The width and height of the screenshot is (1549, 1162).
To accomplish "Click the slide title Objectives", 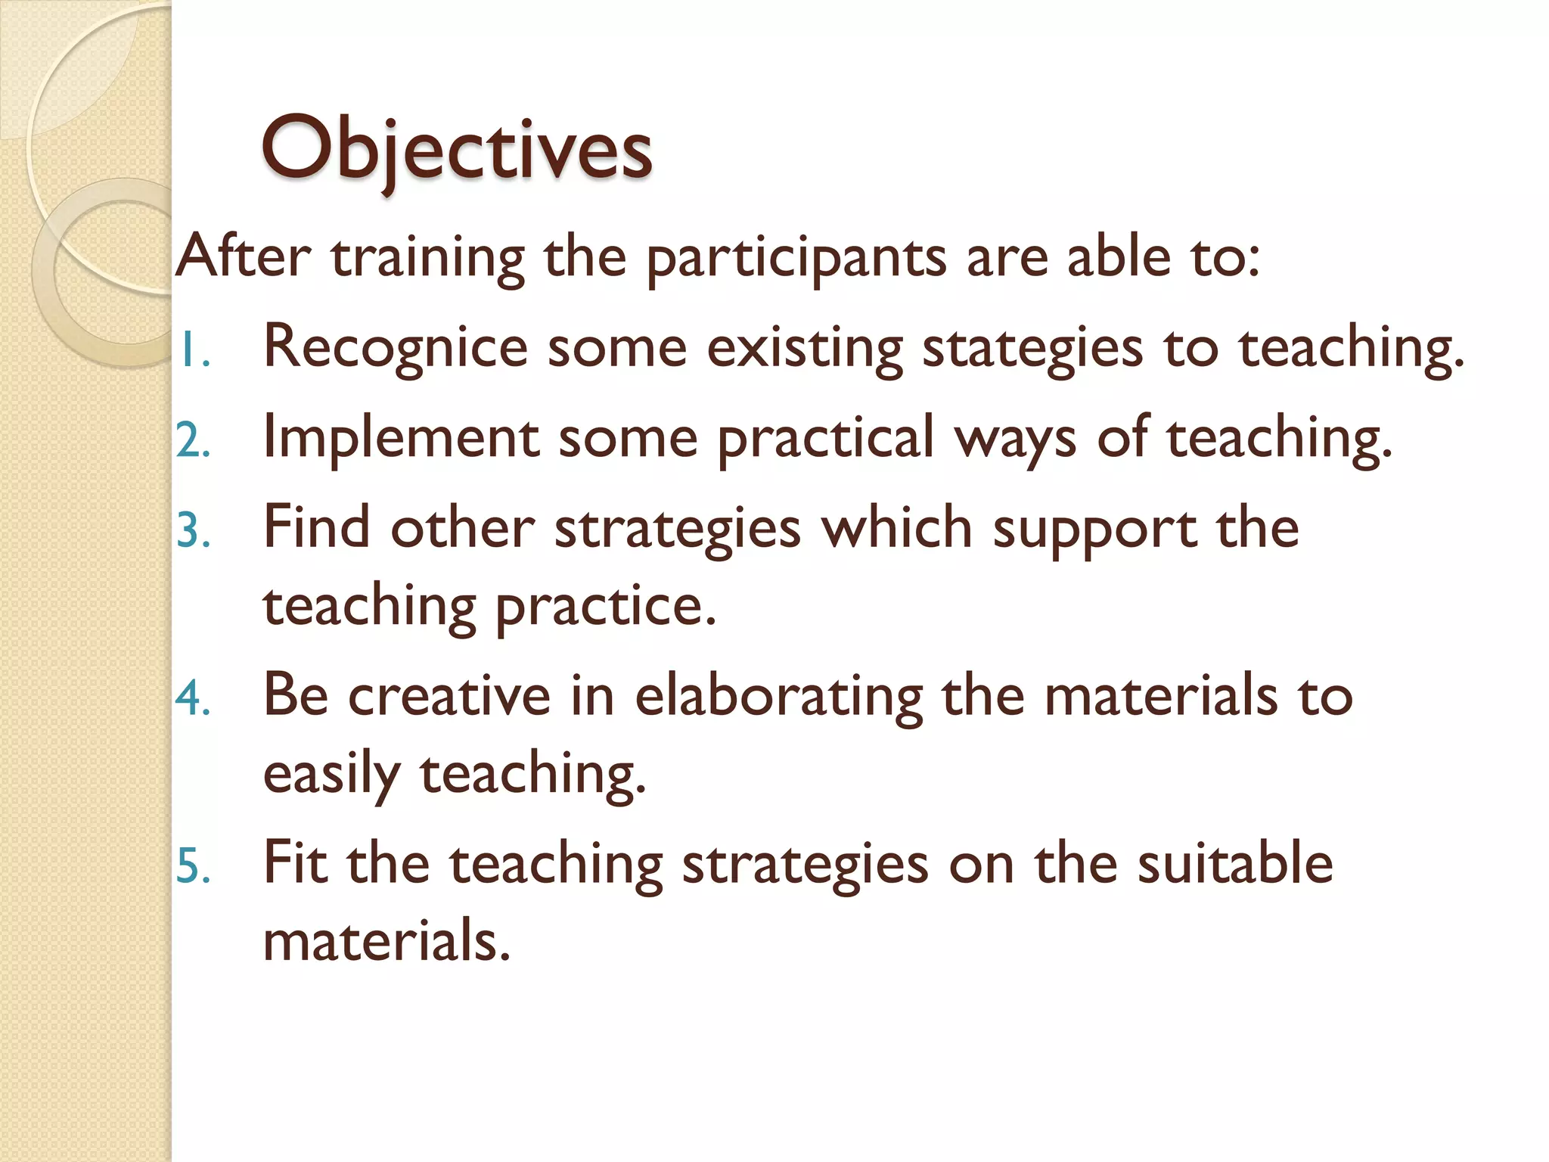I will (x=456, y=149).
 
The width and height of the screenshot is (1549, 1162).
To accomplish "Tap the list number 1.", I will (x=193, y=350).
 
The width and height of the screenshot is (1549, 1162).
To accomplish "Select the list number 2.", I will (x=193, y=440).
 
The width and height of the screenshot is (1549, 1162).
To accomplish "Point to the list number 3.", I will (x=193, y=530).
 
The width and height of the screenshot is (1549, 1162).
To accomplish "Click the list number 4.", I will (x=193, y=698).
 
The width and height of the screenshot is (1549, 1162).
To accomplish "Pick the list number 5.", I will (x=193, y=865).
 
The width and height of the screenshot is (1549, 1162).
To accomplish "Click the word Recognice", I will (x=395, y=348).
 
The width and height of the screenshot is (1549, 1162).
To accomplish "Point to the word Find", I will (x=316, y=527).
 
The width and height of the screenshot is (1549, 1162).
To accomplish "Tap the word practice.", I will (x=605, y=607).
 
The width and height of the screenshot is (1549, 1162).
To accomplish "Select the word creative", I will (x=449, y=696).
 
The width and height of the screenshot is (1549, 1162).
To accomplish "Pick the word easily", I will (x=331, y=775).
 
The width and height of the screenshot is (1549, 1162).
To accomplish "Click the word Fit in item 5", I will (x=295, y=863).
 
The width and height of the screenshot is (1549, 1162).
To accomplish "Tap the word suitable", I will (x=1235, y=863).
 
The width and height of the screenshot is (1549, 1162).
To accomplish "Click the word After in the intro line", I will (x=243, y=257).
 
